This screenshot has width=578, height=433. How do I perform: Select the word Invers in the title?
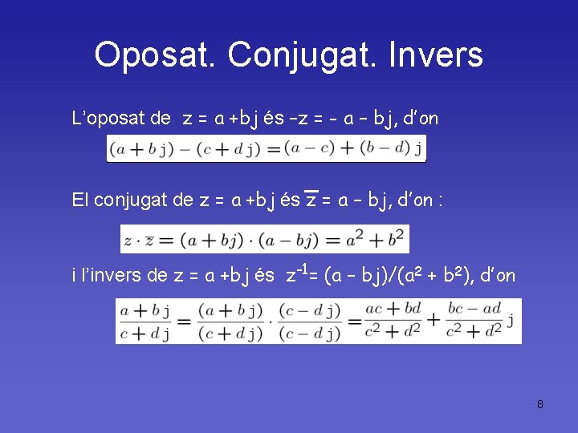point(435,55)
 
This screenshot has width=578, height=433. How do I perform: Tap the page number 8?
point(540,404)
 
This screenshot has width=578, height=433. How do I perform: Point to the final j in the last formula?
point(511,321)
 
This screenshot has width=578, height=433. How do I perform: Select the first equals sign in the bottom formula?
point(184,321)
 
